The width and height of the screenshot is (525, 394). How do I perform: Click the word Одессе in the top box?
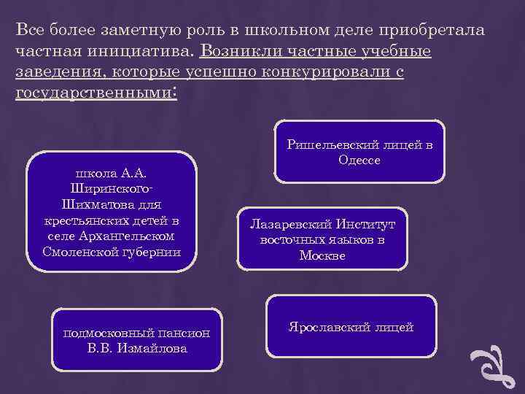click(x=359, y=161)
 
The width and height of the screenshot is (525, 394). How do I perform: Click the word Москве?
click(x=322, y=255)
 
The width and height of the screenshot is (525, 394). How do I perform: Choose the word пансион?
click(x=185, y=333)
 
